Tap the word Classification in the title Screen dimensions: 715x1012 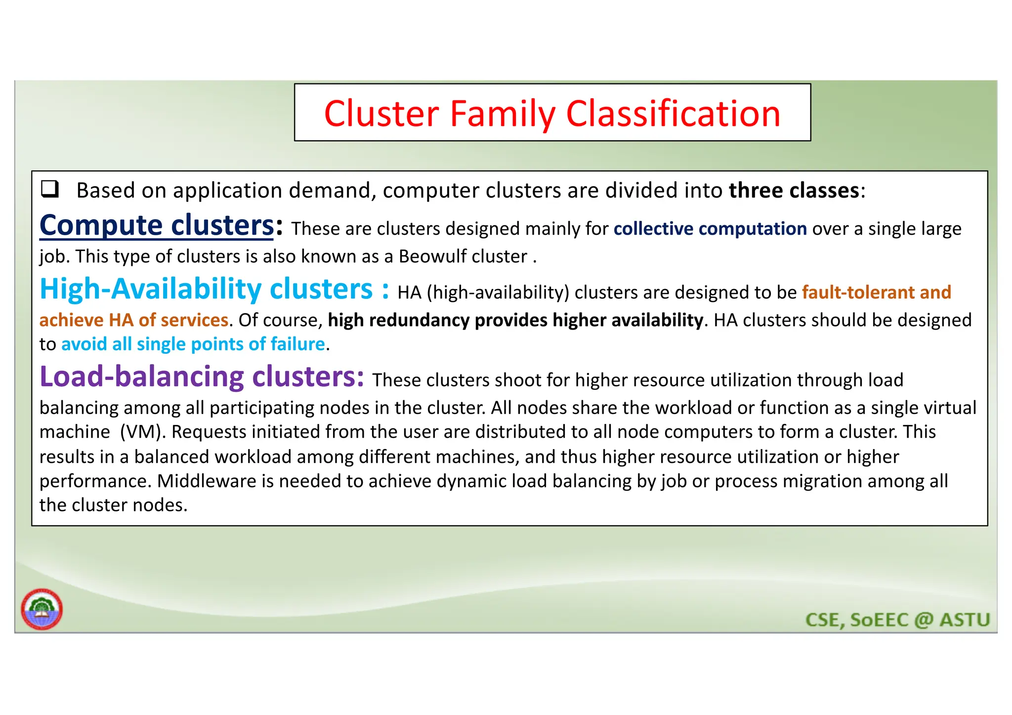[673, 114]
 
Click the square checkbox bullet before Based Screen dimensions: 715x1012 [50, 189]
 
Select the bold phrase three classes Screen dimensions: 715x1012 [794, 191]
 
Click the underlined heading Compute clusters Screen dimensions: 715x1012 [156, 226]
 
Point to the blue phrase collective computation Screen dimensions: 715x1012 [710, 229]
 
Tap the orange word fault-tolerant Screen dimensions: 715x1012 [858, 292]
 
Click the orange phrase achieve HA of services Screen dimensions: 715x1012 [134, 320]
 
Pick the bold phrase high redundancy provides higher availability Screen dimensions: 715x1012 [515, 320]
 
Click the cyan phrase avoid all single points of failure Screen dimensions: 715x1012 [193, 344]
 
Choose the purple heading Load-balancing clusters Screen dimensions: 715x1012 [202, 377]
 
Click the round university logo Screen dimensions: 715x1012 [42, 609]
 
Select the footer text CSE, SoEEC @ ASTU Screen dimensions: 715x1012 [897, 620]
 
